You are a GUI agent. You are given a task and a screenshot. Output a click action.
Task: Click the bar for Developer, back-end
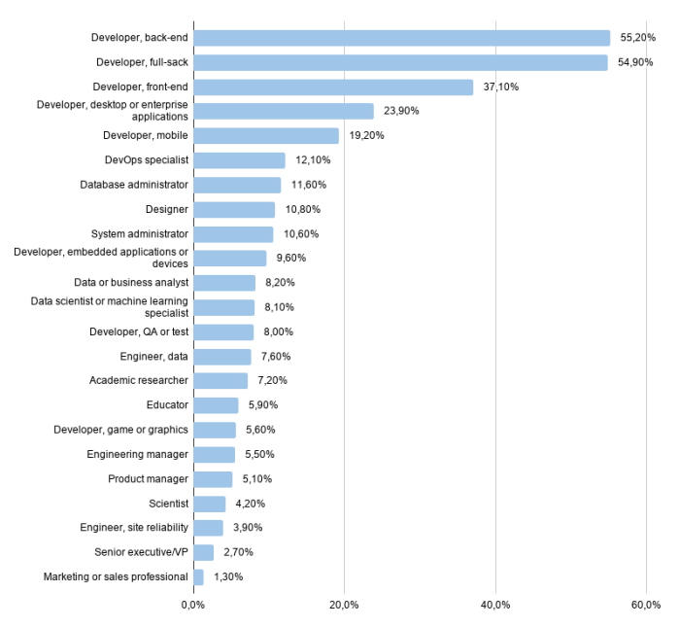tap(401, 38)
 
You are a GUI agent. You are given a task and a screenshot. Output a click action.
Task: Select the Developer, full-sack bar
tap(400, 62)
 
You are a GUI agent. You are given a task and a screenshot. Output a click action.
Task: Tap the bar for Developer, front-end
tap(333, 87)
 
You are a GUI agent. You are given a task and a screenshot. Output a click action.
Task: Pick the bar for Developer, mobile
tap(266, 136)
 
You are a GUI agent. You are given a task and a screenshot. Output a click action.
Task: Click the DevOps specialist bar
tap(239, 160)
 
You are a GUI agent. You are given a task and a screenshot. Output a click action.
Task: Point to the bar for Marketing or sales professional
tap(198, 577)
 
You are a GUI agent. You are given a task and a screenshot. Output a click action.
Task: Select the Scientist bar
tap(210, 504)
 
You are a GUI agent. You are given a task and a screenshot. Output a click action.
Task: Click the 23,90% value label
tap(401, 111)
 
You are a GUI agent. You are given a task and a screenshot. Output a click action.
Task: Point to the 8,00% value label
tap(279, 331)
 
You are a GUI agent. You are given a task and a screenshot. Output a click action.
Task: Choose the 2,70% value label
tap(239, 552)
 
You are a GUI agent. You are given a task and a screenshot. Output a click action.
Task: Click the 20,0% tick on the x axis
tap(344, 606)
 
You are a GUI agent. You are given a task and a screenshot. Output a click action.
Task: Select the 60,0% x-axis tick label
tap(646, 606)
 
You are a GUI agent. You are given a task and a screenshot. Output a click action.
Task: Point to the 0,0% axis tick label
tap(192, 606)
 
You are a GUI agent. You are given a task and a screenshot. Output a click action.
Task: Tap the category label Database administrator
tap(134, 185)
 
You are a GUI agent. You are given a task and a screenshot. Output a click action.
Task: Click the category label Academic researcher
tap(138, 381)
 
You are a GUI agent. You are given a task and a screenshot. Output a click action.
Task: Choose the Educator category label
tap(166, 405)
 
